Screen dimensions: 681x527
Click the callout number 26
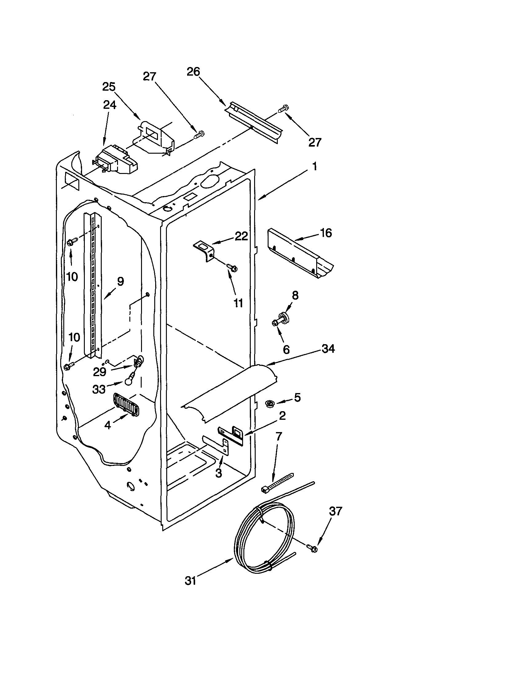193,72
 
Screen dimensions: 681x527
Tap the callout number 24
109,105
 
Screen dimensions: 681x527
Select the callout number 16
326,233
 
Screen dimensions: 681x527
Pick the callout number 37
336,511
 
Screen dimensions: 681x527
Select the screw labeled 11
232,267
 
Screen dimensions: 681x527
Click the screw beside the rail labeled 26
283,109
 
